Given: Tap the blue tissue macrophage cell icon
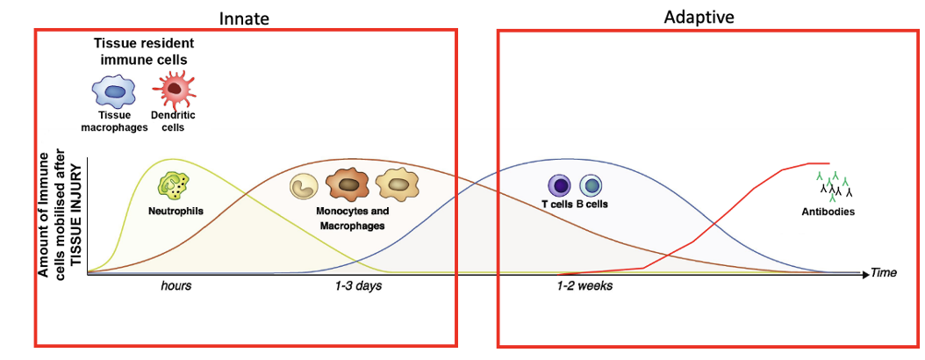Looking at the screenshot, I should pos(114,90).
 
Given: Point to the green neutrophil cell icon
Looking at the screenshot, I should pos(169,185).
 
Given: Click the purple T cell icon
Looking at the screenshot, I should pos(559,185).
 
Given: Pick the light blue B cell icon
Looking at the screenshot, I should pos(591,185).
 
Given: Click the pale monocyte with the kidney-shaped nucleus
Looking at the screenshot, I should pos(306,186).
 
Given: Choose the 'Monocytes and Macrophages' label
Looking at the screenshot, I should pos(351,219).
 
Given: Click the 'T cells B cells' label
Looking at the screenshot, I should pos(575,205).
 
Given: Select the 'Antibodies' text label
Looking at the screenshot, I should pos(828,212).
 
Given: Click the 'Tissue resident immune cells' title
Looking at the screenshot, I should pos(144,51).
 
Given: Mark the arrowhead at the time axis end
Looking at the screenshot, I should pos(864,274).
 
